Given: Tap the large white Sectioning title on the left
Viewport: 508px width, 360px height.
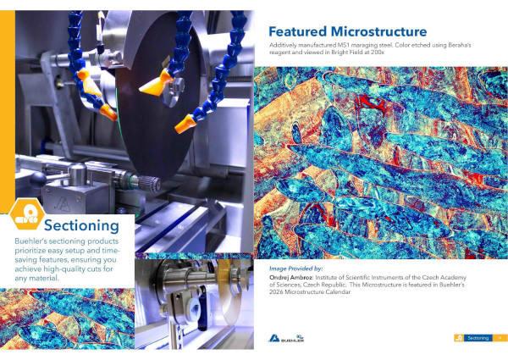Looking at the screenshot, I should coord(80,225).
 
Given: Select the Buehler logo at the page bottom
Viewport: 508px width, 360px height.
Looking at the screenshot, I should coord(285,337).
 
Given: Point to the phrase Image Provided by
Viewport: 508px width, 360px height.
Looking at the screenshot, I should coord(295,268).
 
